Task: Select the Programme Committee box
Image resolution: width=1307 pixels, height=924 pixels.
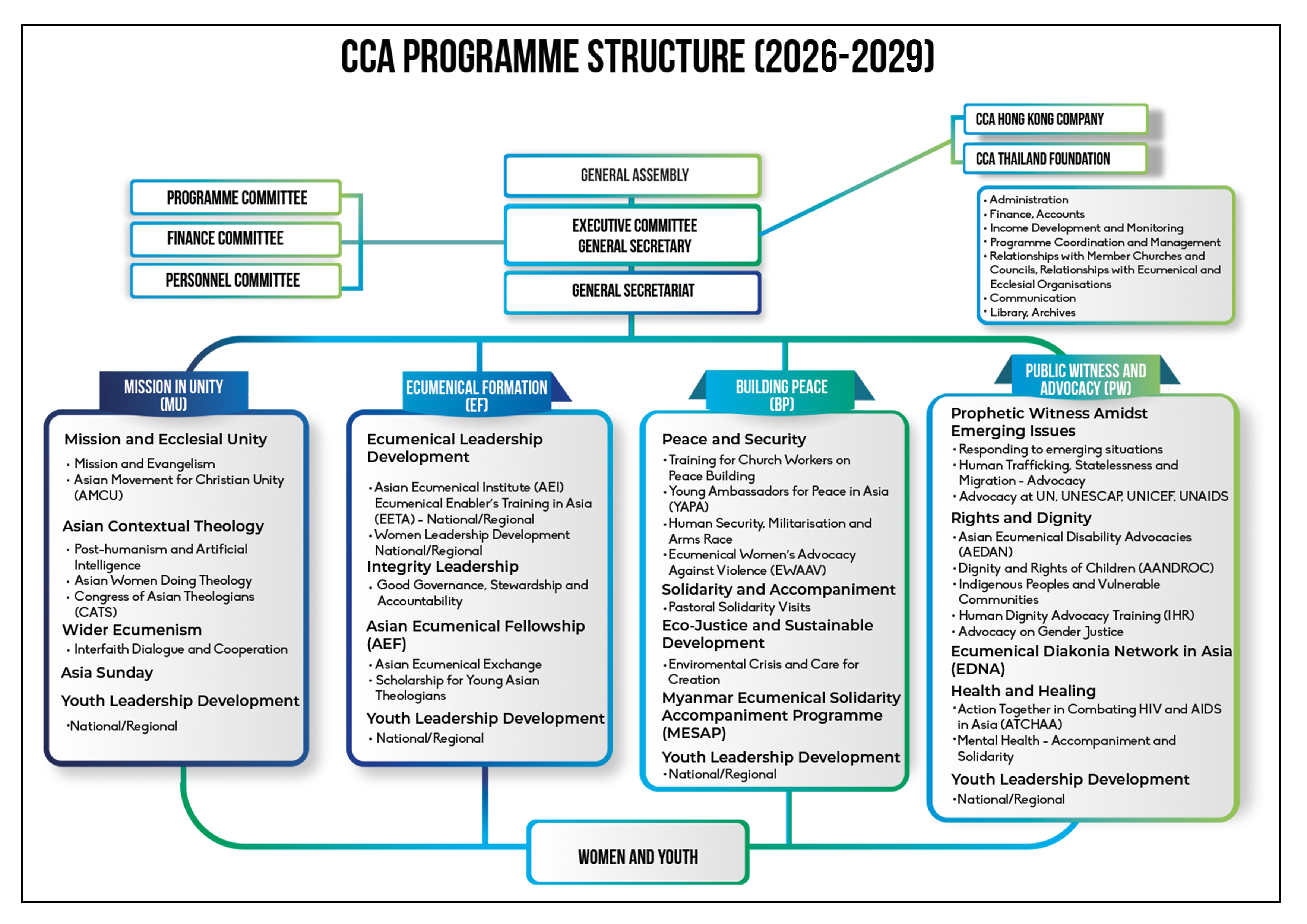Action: (x=236, y=197)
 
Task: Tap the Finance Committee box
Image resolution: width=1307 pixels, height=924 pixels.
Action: (x=236, y=238)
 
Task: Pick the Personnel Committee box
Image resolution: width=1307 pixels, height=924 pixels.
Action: (x=236, y=280)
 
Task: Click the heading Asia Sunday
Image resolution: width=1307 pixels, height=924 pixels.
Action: (x=107, y=673)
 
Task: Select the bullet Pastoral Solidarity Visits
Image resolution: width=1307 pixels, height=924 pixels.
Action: (x=739, y=607)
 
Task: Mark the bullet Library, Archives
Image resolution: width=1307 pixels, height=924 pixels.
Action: (x=1032, y=313)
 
